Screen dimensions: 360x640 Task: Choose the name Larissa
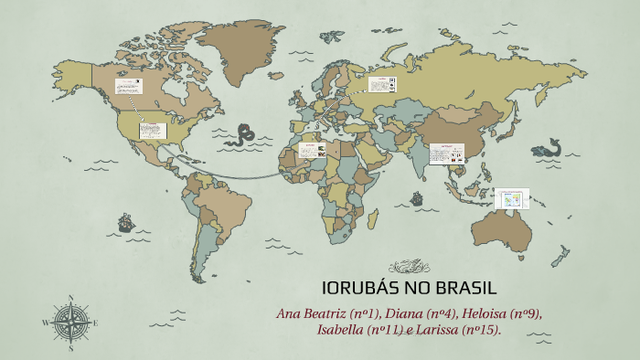(435, 329)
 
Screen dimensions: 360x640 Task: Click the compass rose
(69, 322)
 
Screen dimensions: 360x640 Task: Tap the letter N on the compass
(69, 297)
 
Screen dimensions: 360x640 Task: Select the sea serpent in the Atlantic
(242, 135)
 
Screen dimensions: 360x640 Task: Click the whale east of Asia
(549, 147)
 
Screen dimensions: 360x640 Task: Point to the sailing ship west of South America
(124, 222)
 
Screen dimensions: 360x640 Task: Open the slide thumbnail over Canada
(128, 86)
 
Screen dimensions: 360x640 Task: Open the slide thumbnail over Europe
(381, 84)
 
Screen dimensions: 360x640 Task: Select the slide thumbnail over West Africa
(314, 150)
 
